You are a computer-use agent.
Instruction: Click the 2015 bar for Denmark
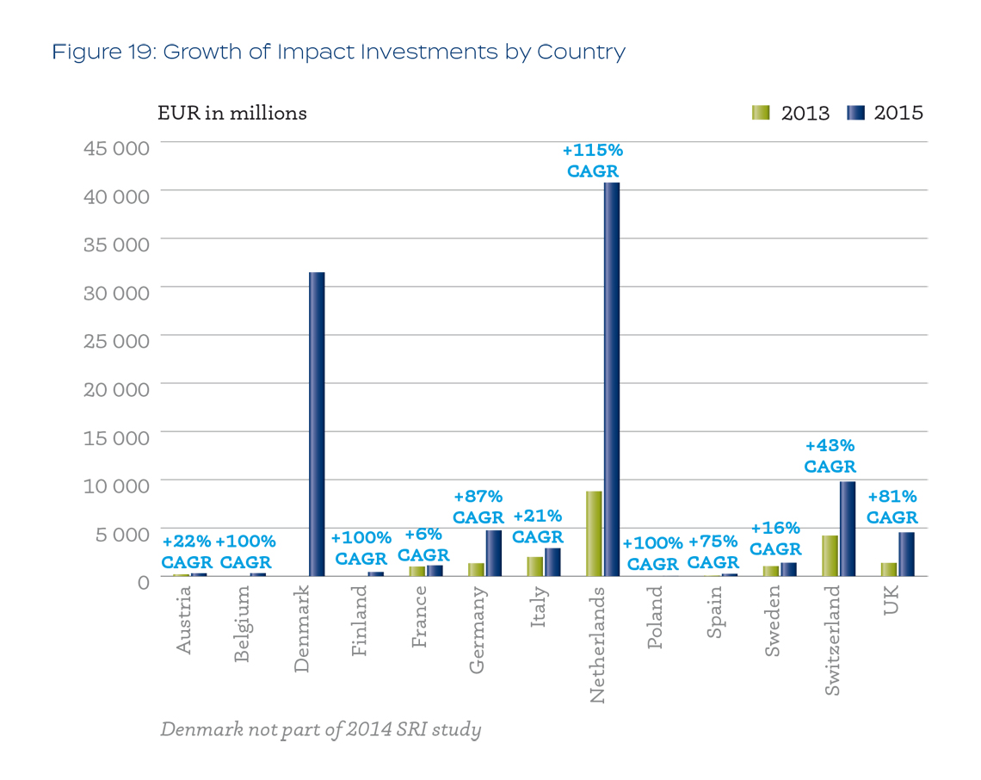coord(317,424)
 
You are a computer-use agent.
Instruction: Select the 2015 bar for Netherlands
coord(612,380)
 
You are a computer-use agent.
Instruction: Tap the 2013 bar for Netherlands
coord(594,534)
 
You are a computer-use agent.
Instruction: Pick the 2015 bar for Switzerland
coord(848,529)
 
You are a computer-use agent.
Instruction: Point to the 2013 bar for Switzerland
coord(830,556)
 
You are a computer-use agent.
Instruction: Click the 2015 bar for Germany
coord(494,554)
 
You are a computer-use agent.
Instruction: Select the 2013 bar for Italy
coord(535,566)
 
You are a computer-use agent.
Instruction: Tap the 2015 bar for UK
coord(906,554)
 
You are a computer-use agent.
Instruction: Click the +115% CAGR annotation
coord(593,160)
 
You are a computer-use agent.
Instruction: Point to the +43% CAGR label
coord(830,455)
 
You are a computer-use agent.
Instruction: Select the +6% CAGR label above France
coord(423,545)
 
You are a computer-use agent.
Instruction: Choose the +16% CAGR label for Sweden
coord(775,538)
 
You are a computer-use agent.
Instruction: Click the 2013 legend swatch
coord(761,113)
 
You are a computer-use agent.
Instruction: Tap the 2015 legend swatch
coord(855,113)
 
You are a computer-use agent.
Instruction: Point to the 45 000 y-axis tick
coord(116,148)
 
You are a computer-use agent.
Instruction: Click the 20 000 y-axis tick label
coord(116,389)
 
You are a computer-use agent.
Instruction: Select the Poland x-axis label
coord(654,617)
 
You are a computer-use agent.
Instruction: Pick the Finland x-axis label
coord(359,621)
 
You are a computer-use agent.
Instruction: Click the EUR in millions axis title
coord(232,114)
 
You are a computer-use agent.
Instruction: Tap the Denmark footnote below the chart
coord(321,730)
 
